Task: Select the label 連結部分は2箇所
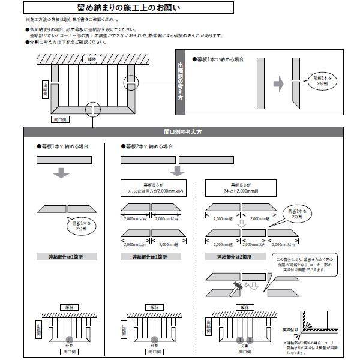coord(235,256)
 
